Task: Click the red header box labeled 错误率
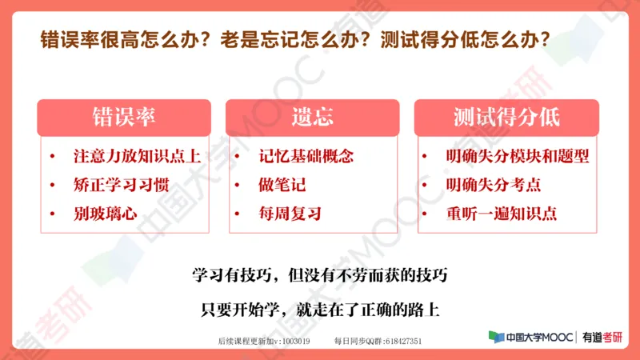point(124,117)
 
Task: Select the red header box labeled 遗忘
point(313,117)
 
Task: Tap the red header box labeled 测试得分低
point(506,117)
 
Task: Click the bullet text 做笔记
point(282,185)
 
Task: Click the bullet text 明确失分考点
point(494,185)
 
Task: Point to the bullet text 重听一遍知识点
point(502,214)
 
